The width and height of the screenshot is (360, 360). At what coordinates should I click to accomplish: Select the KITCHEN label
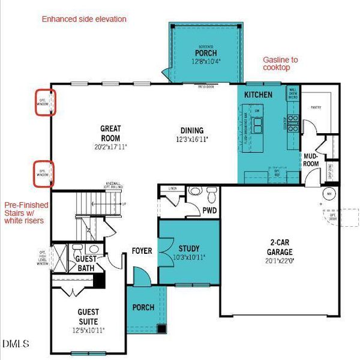click(258, 95)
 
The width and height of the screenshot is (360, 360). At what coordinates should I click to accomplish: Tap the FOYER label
click(142, 251)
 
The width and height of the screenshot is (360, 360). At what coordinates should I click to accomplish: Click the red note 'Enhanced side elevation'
click(84, 19)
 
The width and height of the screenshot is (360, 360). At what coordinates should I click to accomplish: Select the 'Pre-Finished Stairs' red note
click(25, 211)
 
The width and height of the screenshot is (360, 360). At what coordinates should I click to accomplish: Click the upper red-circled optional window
click(44, 102)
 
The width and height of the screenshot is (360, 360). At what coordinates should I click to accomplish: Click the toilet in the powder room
click(210, 195)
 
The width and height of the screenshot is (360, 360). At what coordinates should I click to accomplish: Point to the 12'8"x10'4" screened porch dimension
click(205, 61)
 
